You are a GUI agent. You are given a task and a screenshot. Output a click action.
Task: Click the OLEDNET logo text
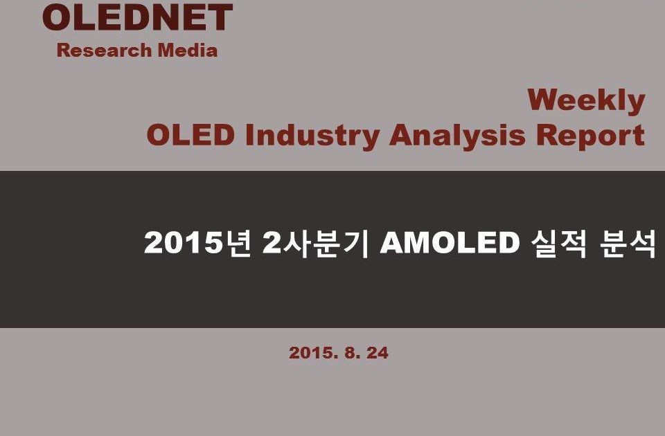click(x=137, y=17)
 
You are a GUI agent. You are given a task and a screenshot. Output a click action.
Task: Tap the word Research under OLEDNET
click(x=105, y=50)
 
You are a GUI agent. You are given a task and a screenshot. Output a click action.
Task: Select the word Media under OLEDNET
click(x=188, y=50)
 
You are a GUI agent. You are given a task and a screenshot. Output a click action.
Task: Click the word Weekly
click(x=586, y=102)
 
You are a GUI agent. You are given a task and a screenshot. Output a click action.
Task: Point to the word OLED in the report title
click(x=190, y=135)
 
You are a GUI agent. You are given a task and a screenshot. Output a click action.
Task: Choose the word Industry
click(x=312, y=136)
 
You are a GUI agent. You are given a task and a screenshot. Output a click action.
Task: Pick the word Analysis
click(x=458, y=136)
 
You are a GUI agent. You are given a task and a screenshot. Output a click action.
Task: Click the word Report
click(x=590, y=136)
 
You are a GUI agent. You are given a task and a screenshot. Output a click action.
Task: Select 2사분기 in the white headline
click(x=316, y=243)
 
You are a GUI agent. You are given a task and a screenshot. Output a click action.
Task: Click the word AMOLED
click(x=450, y=243)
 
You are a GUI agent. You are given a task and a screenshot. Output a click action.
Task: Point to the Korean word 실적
click(x=559, y=244)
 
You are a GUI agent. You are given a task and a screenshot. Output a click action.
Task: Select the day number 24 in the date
click(x=378, y=353)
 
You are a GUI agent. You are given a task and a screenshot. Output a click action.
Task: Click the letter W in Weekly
click(x=544, y=100)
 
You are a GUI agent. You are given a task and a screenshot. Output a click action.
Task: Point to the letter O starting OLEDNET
click(x=56, y=17)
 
